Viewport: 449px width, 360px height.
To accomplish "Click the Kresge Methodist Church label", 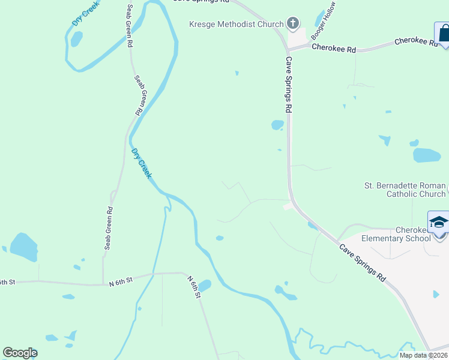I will pyautogui.click(x=237, y=24).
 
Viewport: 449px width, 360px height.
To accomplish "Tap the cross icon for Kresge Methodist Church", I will pyautogui.click(x=292, y=24).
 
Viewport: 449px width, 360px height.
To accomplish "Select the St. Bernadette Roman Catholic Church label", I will pyautogui.click(x=406, y=190).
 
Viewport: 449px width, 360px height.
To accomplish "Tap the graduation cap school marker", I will pyautogui.click(x=439, y=222).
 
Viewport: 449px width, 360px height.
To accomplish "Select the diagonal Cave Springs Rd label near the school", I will pyautogui.click(x=362, y=263).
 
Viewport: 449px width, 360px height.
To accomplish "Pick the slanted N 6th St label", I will pyautogui.click(x=193, y=284).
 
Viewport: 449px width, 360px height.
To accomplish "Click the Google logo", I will pyautogui.click(x=20, y=353).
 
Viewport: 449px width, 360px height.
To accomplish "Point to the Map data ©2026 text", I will pyautogui.click(x=423, y=355).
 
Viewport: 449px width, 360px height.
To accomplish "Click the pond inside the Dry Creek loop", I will pyautogui.click(x=76, y=39).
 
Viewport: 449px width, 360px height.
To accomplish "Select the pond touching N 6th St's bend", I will pyautogui.click(x=205, y=286).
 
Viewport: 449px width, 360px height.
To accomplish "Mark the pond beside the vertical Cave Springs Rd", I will pyautogui.click(x=277, y=125).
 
